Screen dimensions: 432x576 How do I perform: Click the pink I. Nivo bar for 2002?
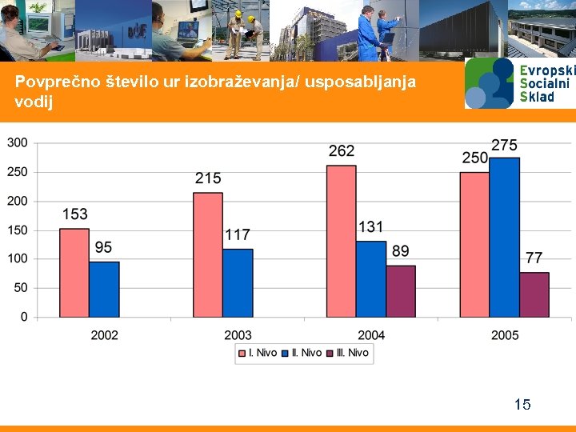point(74,273)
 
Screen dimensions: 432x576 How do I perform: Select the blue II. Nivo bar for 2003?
point(238,283)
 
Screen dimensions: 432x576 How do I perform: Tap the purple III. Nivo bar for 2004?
point(401,291)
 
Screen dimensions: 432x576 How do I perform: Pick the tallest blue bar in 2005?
point(505,238)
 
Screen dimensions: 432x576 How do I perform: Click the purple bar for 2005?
point(534,294)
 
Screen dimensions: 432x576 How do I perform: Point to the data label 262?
point(342,151)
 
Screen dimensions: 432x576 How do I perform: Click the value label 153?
point(74,214)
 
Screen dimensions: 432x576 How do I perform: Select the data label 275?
point(504,145)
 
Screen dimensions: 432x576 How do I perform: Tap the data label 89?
point(401,251)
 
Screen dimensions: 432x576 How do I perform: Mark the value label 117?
point(238,234)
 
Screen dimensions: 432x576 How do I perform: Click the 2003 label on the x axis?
point(238,335)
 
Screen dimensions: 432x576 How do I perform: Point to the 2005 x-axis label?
point(505,335)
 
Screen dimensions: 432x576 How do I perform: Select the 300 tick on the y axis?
point(18,142)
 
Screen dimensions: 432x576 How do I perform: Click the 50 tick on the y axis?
point(21,288)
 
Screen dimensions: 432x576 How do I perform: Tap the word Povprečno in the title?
point(52,82)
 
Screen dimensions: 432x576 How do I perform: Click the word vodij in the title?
point(34,102)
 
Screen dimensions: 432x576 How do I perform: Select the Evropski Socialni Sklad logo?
point(519,82)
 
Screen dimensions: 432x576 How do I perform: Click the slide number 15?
point(522,404)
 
